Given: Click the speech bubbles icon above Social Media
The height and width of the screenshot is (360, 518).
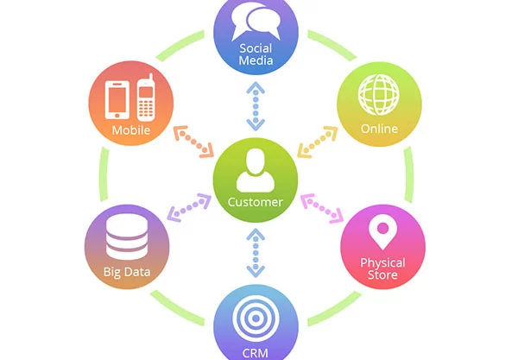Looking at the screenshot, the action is pos(256,21).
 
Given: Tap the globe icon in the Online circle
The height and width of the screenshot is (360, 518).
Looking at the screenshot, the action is pos(379,94).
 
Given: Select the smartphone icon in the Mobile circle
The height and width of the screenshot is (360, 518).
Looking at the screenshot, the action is pos(117,100).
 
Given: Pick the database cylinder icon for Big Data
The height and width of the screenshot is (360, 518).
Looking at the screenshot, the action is pos(127,237).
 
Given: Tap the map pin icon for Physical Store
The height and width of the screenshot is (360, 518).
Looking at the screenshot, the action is pos(382,232).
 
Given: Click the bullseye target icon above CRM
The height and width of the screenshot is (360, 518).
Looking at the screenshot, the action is pos(256,319).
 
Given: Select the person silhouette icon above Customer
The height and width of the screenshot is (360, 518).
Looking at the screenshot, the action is pos(256,170).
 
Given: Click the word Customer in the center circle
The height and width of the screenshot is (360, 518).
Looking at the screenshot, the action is pos(255,202).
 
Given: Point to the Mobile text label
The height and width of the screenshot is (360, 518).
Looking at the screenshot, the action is pos(131,130).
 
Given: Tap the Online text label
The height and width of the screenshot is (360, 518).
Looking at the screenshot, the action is pos(379,129).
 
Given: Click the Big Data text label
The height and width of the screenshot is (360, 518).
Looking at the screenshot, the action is pos(127,272).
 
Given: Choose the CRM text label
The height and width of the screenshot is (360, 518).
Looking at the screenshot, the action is pos(255,353).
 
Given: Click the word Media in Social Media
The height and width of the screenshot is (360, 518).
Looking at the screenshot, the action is pos(256,60).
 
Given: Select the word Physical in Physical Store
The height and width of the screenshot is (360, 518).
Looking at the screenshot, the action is pos(382,263).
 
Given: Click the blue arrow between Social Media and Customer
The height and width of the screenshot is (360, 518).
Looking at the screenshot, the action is pos(256,106).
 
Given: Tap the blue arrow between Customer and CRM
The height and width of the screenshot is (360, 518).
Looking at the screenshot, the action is pos(256,253).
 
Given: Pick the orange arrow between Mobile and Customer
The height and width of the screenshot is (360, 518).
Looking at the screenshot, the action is pos(193,142).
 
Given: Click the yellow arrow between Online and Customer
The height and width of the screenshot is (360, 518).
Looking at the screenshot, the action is pos(318,142).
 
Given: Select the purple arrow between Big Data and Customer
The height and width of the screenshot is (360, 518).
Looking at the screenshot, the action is pos(189,208).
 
